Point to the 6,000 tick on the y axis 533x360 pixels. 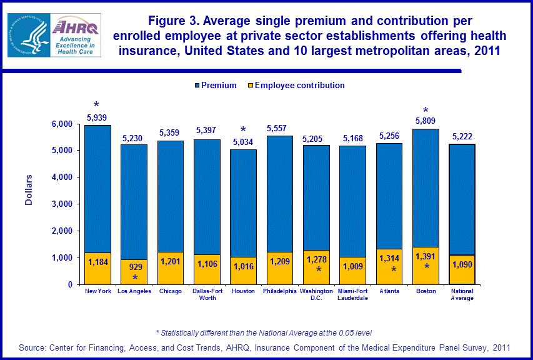62,124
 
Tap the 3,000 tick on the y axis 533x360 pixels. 62,204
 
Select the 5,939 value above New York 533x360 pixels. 97,116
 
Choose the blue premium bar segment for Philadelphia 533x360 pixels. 280,194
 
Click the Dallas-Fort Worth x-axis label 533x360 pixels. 207,294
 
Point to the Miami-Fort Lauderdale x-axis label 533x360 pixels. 352,294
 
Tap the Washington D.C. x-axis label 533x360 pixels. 316,294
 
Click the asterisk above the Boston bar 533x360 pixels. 426,111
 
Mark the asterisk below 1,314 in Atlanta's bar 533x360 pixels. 393,269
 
